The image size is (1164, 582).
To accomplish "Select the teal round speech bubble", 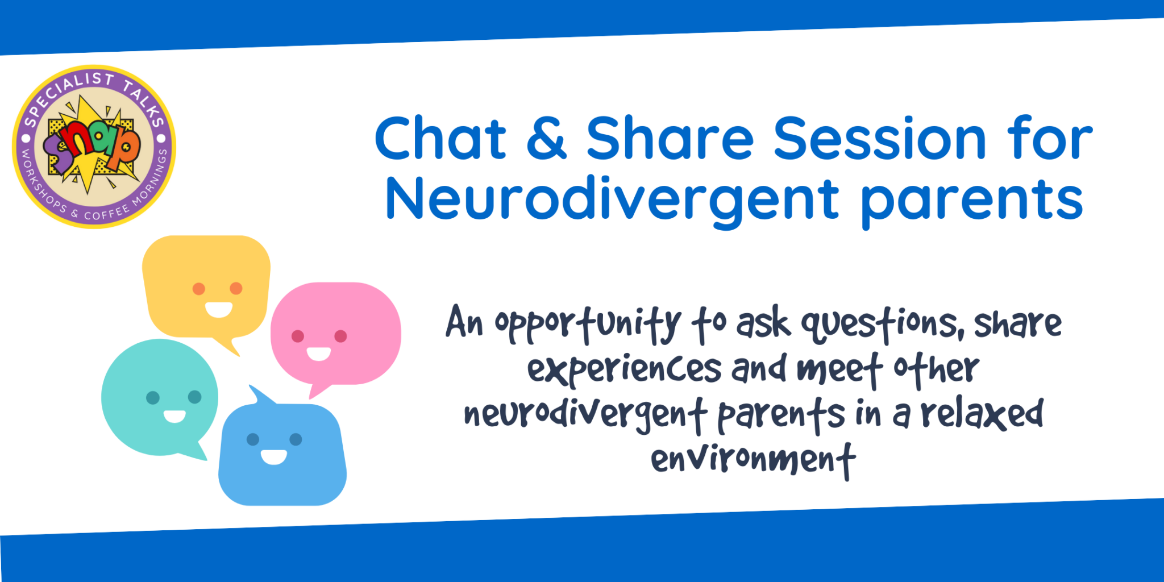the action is [x=160, y=398].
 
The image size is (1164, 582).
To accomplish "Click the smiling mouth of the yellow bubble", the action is [x=219, y=310].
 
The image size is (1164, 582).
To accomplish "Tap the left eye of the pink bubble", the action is [x=298, y=336].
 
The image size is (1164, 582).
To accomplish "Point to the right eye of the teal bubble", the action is [x=194, y=397].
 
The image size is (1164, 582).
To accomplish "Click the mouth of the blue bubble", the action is [x=274, y=456].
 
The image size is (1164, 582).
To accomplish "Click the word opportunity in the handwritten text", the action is [x=588, y=325].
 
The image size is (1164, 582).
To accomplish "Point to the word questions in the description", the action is [x=882, y=325].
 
